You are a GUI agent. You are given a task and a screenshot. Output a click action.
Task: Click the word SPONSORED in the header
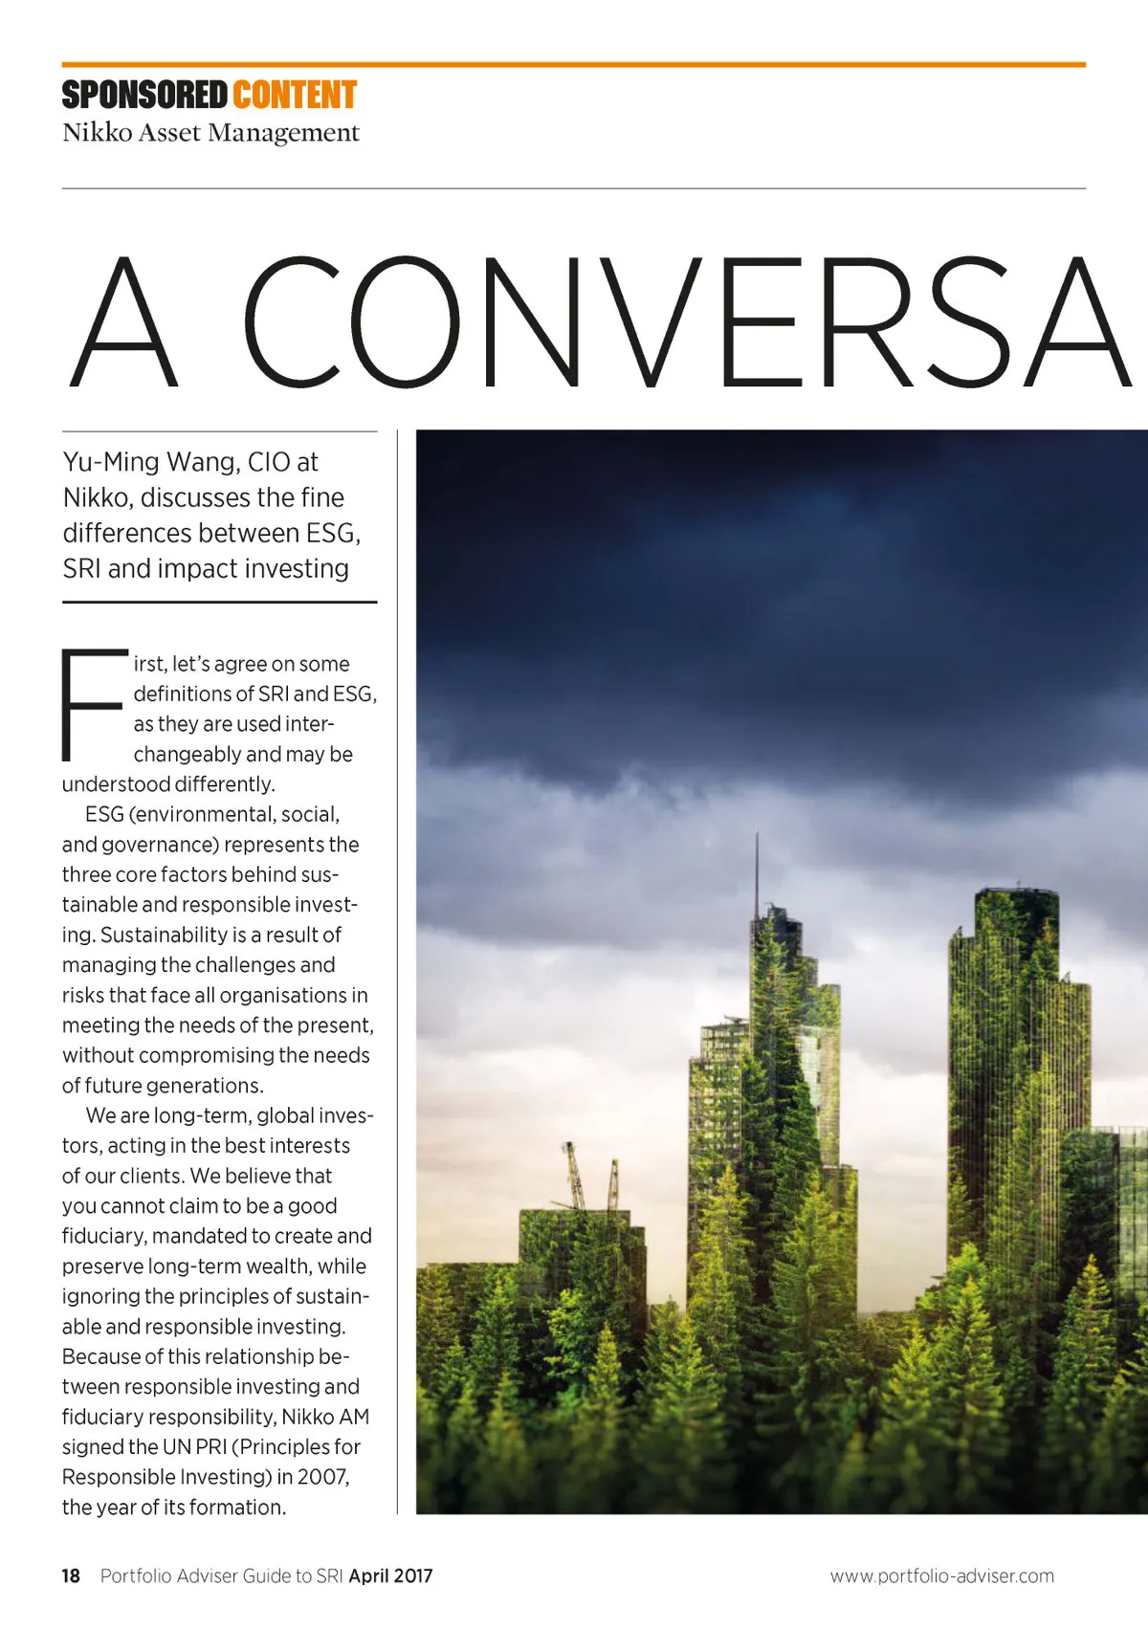point(144,96)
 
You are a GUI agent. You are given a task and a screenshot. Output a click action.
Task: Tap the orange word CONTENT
point(294,96)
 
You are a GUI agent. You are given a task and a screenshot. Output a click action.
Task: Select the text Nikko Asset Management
point(210,132)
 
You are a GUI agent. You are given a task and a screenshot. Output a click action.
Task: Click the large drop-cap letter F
point(93,704)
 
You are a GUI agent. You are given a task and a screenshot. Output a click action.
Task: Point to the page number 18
point(71,1575)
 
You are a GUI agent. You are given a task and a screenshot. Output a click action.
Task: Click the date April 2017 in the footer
point(390,1575)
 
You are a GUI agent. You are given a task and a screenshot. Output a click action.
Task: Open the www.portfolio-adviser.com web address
point(941,1575)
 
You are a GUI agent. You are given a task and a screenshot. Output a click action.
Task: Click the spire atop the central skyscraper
point(757,870)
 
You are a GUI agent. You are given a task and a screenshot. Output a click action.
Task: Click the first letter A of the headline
point(124,322)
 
